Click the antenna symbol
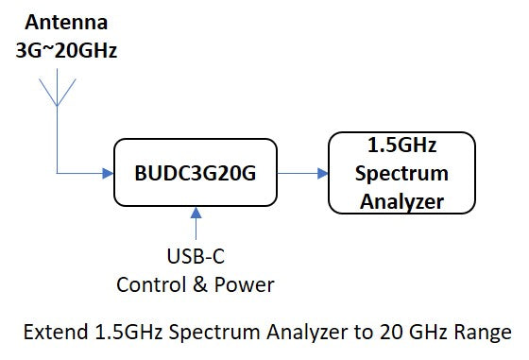coord(58,91)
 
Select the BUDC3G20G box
coord(196,173)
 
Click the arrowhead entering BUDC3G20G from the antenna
coord(106,173)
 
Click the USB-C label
coord(196,257)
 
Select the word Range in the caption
coord(484,334)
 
